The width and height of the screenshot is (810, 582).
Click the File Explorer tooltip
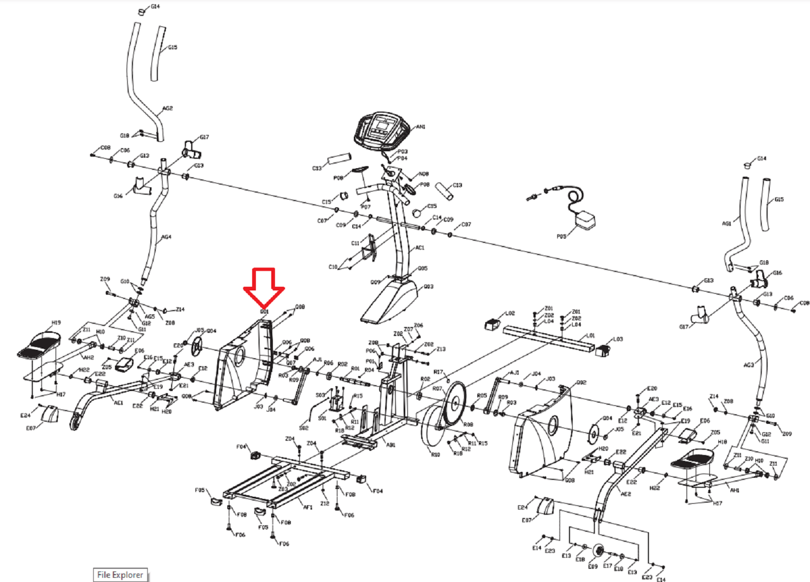120,575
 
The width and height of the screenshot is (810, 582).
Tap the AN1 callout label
421,127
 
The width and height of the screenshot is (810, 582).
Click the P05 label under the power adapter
561,237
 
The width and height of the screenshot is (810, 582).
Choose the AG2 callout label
167,108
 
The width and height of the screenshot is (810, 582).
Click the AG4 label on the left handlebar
166,237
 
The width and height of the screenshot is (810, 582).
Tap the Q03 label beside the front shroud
428,287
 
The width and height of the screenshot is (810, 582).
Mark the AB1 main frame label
390,445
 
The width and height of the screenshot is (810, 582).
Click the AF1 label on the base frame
307,507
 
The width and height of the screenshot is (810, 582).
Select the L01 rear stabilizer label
591,336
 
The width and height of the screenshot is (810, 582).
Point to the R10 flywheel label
435,454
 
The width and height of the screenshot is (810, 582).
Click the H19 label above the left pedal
56,323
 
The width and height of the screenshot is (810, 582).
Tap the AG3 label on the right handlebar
748,365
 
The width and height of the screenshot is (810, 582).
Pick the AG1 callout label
726,224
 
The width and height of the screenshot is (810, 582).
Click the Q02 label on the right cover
581,383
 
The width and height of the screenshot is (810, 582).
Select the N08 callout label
424,174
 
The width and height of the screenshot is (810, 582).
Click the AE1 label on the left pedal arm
118,403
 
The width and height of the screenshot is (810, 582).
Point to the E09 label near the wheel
592,566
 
